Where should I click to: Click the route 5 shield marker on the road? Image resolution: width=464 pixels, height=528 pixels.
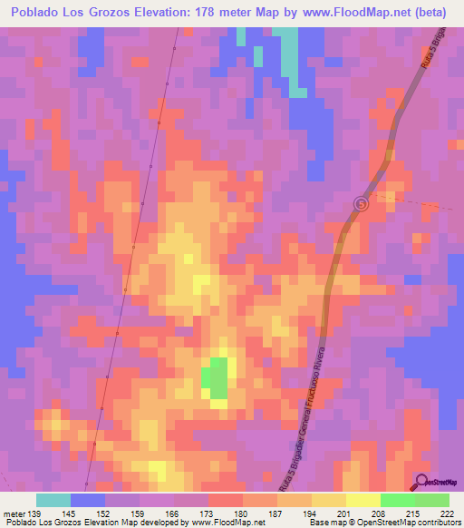362,204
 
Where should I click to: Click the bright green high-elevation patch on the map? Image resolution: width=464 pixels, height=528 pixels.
217,377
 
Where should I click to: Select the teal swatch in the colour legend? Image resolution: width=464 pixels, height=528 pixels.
53,500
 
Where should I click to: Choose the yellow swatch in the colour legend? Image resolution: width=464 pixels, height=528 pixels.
363,500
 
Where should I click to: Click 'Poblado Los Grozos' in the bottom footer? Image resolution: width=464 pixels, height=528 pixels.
41,523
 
